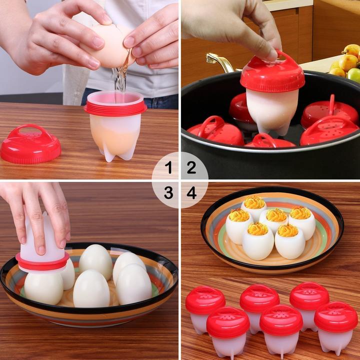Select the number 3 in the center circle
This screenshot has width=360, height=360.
coord(168,192)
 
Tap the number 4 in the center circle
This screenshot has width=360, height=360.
coord(192,192)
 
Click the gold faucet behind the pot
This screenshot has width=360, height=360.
coord(220,62)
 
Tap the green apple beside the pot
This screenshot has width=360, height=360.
coord(354,75)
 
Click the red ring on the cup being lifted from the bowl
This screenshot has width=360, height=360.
coord(42,261)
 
